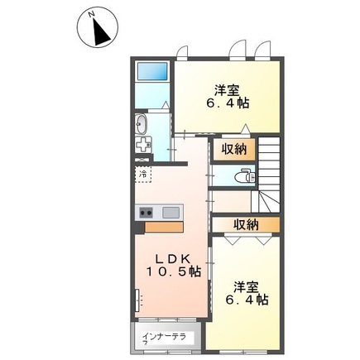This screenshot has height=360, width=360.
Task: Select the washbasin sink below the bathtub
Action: click(x=141, y=126)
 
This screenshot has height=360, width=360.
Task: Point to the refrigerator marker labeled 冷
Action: click(x=142, y=175)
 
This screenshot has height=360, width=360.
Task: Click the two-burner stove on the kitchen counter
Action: click(x=146, y=211)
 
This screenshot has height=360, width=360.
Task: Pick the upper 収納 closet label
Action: click(x=233, y=149)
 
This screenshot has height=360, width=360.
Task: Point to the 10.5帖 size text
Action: click(x=170, y=271)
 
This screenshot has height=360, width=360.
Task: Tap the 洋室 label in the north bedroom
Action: click(x=228, y=89)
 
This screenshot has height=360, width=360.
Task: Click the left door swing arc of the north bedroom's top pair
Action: click(x=238, y=47)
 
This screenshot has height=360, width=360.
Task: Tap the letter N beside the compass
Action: click(x=90, y=13)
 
